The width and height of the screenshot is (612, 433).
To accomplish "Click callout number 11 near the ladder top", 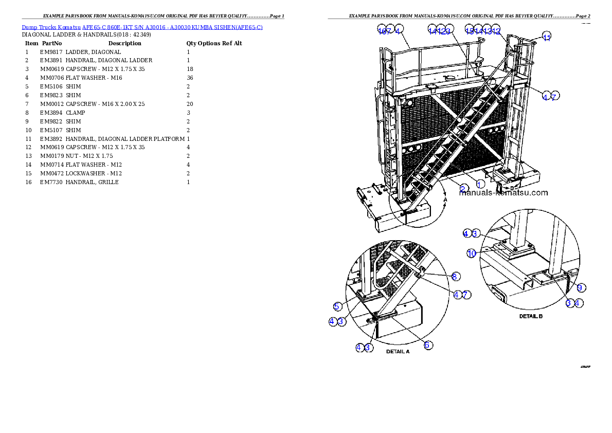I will coord(547,37).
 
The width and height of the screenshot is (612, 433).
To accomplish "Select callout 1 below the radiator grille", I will coord(480,184).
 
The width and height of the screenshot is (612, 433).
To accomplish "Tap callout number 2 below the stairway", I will coord(463,188).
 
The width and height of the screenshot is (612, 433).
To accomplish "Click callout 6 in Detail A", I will coord(427,345).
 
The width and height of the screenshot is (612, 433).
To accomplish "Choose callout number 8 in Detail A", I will coord(455,277).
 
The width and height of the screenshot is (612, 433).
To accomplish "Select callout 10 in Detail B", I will coord(472,253).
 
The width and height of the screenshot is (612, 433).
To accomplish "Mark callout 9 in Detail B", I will coord(580,288).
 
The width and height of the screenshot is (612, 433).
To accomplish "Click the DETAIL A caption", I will coord(398,352).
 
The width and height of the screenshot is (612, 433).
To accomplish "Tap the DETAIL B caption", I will coord(531,316).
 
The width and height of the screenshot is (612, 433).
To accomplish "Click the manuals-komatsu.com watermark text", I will coord(503,193).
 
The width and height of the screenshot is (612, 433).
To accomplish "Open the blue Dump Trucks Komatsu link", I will coord(142,27).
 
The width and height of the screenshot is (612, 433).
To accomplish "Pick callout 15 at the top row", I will coord(469,29).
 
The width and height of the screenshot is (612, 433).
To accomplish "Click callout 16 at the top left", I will coord(382,30).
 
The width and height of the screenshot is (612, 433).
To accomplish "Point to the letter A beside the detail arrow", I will coord(446,199).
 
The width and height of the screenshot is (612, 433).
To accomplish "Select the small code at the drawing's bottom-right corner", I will coord(585,367).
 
